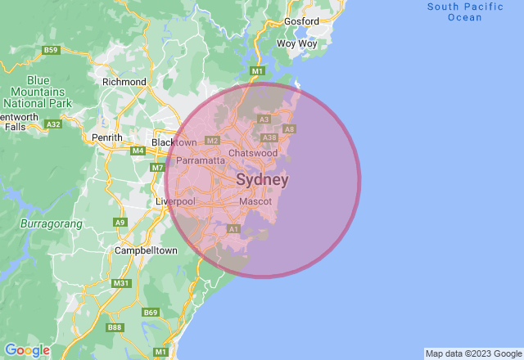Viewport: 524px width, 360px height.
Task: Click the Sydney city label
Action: click(x=262, y=179)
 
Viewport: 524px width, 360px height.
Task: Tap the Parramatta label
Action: click(x=201, y=160)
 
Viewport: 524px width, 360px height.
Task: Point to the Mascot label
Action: click(x=255, y=201)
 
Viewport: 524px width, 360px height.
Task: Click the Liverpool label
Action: click(x=175, y=201)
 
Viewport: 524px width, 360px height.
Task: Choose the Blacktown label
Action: click(x=174, y=142)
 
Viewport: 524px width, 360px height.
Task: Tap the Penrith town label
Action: click(x=107, y=137)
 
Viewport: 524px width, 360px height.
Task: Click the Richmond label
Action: click(x=124, y=82)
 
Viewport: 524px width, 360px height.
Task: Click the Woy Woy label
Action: click(x=296, y=43)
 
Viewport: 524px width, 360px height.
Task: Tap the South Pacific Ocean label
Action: click(x=465, y=11)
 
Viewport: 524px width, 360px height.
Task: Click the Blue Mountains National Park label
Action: click(x=38, y=92)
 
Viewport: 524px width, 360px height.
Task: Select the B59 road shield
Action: click(x=52, y=51)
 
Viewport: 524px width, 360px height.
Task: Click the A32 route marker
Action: click(x=54, y=124)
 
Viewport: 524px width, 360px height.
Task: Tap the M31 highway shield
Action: click(x=121, y=283)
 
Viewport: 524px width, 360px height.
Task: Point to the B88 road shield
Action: click(x=115, y=327)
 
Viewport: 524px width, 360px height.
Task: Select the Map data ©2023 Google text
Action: click(x=473, y=353)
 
